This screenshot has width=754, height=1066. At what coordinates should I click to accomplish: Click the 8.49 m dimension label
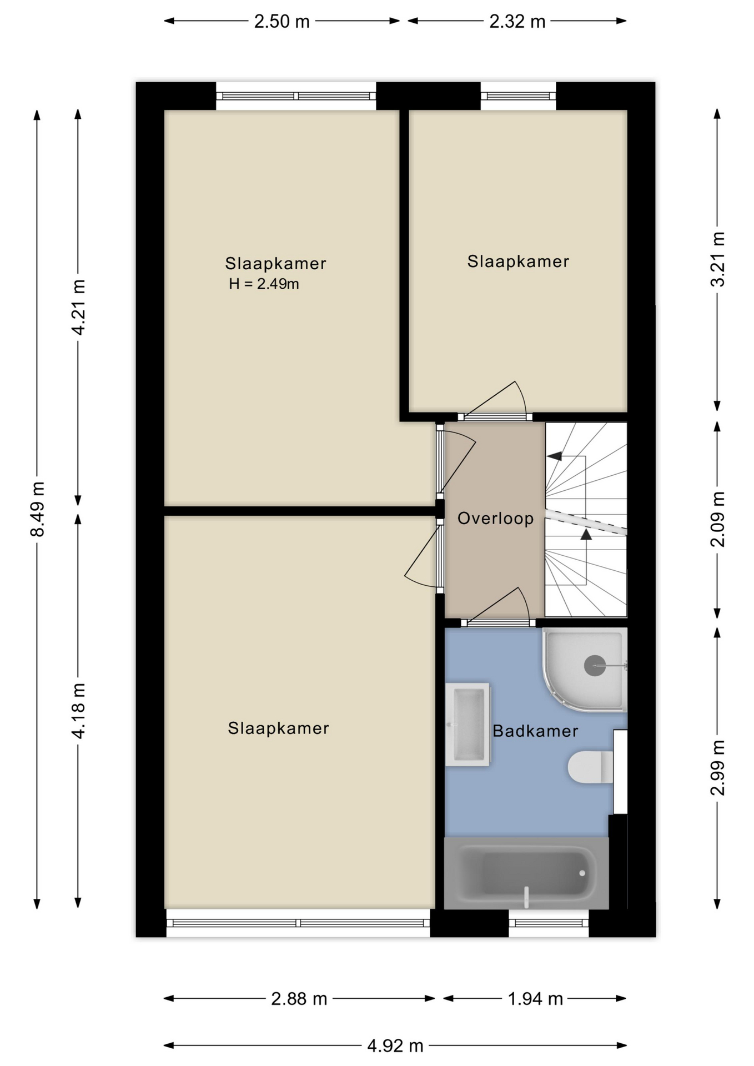pos(37,509)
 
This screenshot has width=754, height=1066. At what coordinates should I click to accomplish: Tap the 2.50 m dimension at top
pos(282,21)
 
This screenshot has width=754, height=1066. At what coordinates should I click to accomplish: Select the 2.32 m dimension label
pos(517,21)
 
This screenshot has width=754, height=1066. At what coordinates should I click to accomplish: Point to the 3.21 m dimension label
pos(717,259)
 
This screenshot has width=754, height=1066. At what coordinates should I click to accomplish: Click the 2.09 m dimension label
pos(717,519)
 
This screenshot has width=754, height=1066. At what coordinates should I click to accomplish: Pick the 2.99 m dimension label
pos(717,768)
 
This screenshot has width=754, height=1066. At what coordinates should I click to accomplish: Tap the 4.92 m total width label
pos(395,1045)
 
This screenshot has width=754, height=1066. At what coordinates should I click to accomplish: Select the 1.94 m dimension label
pos(535,999)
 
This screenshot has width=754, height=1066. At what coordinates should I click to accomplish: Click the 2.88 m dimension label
pos(299,999)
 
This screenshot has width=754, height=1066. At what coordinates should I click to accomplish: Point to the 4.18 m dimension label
pos(78,711)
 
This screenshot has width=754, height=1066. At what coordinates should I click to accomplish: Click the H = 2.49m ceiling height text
pos(264,284)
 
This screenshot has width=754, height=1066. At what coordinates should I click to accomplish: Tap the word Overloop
pos(495,518)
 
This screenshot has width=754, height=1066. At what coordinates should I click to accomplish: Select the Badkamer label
pos(535,731)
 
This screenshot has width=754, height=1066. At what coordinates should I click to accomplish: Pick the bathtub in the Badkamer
pos(526,873)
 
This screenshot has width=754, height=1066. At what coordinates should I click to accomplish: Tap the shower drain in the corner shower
pos(595,666)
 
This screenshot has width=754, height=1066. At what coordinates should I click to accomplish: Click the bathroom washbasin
pos(468,725)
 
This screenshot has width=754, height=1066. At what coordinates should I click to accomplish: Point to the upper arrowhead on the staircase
pos(554,456)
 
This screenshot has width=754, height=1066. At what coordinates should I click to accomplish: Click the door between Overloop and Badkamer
pos(498,607)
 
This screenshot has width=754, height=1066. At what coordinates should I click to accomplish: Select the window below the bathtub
pos(549,923)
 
